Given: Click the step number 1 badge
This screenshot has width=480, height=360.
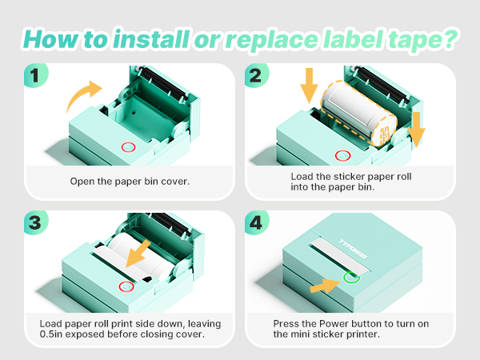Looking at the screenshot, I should [x=36, y=74].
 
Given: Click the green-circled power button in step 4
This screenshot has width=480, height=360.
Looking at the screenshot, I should [x=350, y=278].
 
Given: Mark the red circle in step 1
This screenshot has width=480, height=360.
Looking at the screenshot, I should [x=127, y=147].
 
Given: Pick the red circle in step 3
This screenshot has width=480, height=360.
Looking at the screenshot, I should [x=125, y=286].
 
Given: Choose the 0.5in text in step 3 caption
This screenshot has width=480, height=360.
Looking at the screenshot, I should [x=53, y=335].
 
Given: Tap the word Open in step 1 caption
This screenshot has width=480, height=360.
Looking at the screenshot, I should [x=83, y=181].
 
